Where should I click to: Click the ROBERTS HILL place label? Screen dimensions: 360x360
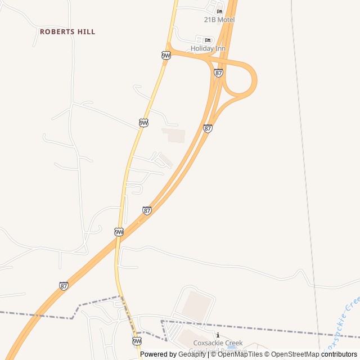(x=67, y=32)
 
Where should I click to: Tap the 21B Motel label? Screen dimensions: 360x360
(x=219, y=20)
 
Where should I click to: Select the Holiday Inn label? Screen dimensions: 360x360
(x=208, y=48)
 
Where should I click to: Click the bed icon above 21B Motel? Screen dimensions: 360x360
(x=219, y=12)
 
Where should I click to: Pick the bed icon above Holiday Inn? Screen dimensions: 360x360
(x=208, y=40)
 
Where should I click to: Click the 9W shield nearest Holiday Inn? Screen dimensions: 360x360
(x=165, y=55)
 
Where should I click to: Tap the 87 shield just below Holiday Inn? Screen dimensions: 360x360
(x=218, y=73)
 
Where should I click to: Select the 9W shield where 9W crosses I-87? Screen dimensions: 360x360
(x=119, y=232)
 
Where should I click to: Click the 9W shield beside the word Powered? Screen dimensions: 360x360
(x=137, y=341)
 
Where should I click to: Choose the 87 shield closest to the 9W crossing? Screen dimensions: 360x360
(x=147, y=210)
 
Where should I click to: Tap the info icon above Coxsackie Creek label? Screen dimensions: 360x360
(x=218, y=336)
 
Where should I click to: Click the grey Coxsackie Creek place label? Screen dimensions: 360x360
(x=218, y=343)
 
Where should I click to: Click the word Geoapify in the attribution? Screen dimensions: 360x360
(x=192, y=354)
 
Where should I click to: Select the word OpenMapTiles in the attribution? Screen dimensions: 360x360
(x=240, y=354)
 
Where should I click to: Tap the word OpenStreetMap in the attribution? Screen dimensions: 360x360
(x=295, y=354)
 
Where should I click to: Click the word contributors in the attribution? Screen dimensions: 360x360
(x=339, y=354)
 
